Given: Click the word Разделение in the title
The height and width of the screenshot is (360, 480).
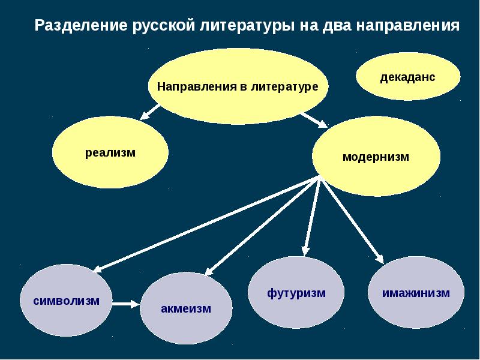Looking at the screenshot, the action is click(81, 26).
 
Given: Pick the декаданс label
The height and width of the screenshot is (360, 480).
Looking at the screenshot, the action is click(407, 77).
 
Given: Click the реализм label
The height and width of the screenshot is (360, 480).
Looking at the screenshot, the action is click(110, 152).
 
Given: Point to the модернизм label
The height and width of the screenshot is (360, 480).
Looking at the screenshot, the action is click(376, 157).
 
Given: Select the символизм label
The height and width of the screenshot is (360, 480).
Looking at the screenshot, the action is click(66, 301).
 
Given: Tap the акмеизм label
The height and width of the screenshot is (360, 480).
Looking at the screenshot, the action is click(186, 308).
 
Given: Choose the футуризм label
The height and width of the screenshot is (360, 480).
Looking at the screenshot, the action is click(296, 293).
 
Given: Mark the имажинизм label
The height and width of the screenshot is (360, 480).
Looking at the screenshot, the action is click(416, 293).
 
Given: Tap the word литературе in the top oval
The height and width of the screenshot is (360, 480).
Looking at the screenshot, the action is click(284, 86).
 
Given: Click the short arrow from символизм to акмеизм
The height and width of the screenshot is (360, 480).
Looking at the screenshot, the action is click(126, 304).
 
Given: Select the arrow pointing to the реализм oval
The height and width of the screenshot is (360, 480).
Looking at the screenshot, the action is click(150, 112).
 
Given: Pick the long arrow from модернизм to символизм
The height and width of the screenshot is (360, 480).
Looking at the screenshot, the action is click(206, 224).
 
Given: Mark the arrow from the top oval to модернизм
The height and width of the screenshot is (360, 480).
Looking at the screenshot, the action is click(314, 119).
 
